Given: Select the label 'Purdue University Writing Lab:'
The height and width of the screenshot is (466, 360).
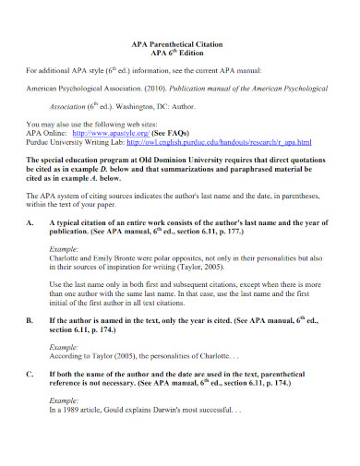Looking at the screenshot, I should (74, 141).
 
